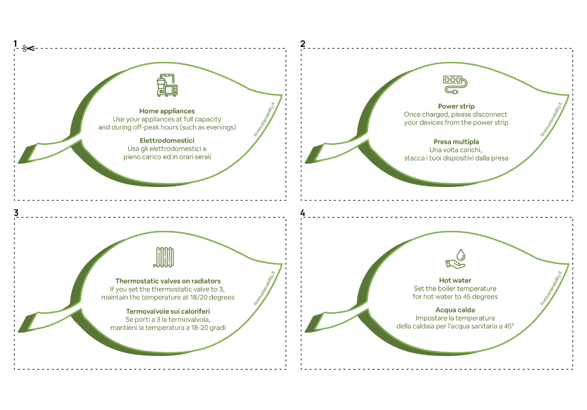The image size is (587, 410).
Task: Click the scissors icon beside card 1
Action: point(27,48)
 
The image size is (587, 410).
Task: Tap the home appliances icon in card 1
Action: point(167,85)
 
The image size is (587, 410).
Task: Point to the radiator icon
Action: point(167,257)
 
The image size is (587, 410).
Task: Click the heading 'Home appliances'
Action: point(167,111)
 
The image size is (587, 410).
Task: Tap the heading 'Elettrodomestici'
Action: point(167,141)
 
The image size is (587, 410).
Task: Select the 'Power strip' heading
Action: point(456,106)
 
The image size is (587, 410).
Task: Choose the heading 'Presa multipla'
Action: point(456,141)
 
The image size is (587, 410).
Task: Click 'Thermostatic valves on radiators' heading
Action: point(168,281)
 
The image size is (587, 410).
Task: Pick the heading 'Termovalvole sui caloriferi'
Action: point(167,311)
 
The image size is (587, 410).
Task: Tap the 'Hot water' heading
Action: point(455,281)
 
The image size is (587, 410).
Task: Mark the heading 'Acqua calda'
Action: point(455,310)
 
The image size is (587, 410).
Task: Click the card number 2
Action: point(303,44)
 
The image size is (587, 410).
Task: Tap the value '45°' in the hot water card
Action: point(509,326)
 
